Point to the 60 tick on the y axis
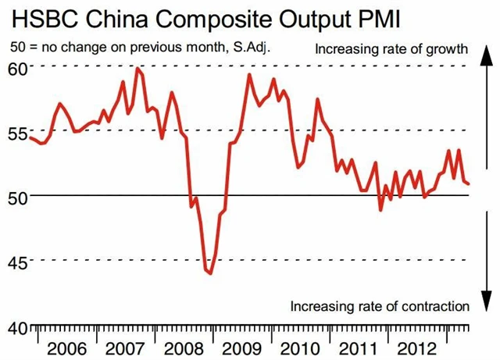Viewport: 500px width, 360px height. tap(17, 68)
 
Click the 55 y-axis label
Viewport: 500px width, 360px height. tap(17, 132)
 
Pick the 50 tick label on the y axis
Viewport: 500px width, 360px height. tap(17, 196)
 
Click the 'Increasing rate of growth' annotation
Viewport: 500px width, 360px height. tap(391, 50)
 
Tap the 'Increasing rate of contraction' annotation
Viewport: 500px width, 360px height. tap(379, 305)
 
